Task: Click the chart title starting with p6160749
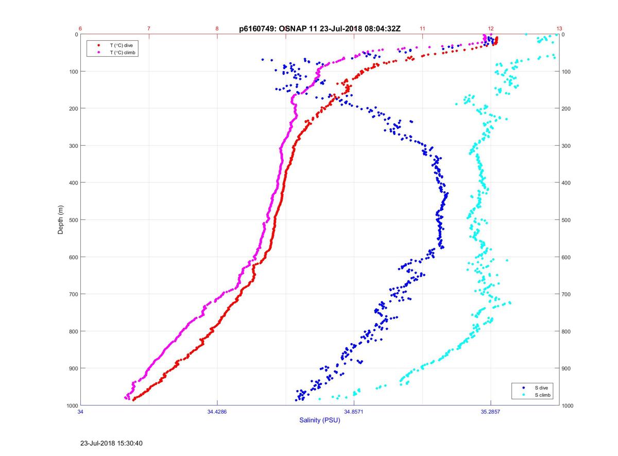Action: click(x=319, y=29)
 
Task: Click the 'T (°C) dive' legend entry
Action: click(x=122, y=45)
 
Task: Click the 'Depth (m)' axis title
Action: click(x=61, y=219)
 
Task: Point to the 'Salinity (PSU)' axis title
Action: click(x=320, y=420)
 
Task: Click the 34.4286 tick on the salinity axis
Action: click(x=217, y=412)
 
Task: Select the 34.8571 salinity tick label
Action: click(x=354, y=412)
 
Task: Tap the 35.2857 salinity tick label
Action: click(x=490, y=412)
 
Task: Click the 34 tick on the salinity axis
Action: click(x=80, y=412)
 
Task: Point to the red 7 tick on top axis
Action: click(x=149, y=28)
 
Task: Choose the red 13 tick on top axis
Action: click(x=559, y=28)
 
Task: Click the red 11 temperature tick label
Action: click(x=422, y=28)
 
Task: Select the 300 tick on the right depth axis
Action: click(x=567, y=146)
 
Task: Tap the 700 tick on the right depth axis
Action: click(x=567, y=294)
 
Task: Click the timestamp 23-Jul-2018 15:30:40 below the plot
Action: click(x=111, y=443)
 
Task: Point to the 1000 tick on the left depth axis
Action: click(x=72, y=406)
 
